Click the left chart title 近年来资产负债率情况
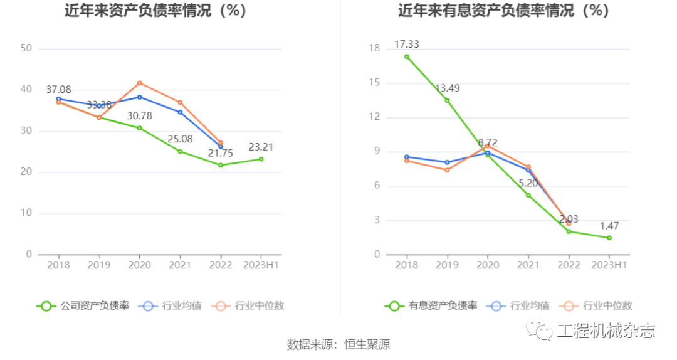(155, 11)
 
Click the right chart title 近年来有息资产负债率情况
(503, 11)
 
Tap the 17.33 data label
(407, 44)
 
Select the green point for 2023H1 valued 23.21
(261, 159)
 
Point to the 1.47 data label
(609, 226)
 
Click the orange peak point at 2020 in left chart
(139, 83)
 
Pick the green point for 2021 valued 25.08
(180, 151)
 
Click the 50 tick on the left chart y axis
(26, 48)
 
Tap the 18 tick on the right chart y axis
(374, 48)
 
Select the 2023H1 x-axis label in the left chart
(261, 265)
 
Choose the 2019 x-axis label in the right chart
(447, 265)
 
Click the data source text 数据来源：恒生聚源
(338, 344)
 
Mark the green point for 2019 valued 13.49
(447, 100)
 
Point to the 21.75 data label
(220, 153)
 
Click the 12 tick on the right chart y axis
(374, 117)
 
